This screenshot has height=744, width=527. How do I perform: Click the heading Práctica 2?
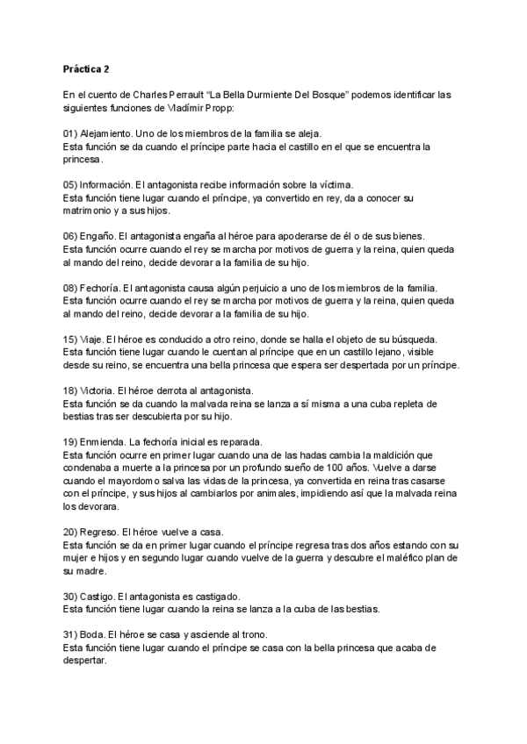86,68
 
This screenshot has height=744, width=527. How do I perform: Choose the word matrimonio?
90,211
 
